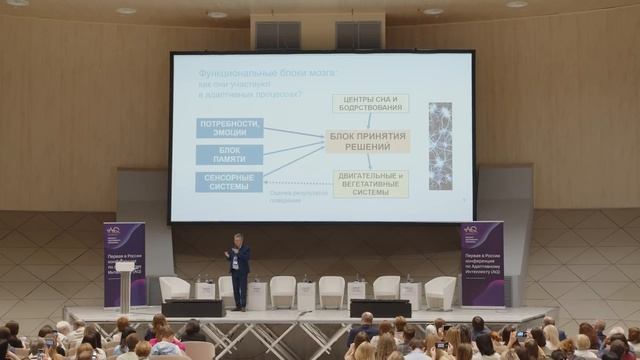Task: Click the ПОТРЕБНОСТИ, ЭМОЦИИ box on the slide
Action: (230, 128)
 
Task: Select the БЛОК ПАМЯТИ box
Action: (230, 155)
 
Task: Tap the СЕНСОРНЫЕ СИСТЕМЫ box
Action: (230, 182)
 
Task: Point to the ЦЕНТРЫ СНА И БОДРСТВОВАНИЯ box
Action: (370, 103)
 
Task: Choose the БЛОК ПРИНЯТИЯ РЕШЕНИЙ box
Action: (368, 141)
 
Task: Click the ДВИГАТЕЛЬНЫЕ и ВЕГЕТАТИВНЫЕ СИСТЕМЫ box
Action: (370, 183)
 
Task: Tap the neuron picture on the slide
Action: (440, 146)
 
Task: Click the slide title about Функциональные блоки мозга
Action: (254, 73)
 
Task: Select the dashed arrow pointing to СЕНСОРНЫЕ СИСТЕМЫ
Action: (298, 183)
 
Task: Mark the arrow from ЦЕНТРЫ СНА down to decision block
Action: (369, 121)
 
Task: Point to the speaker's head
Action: (237, 239)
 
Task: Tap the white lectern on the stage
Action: (125, 284)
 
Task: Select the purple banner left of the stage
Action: (124, 263)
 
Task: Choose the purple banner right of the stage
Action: (481, 263)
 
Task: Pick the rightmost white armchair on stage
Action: (440, 292)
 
